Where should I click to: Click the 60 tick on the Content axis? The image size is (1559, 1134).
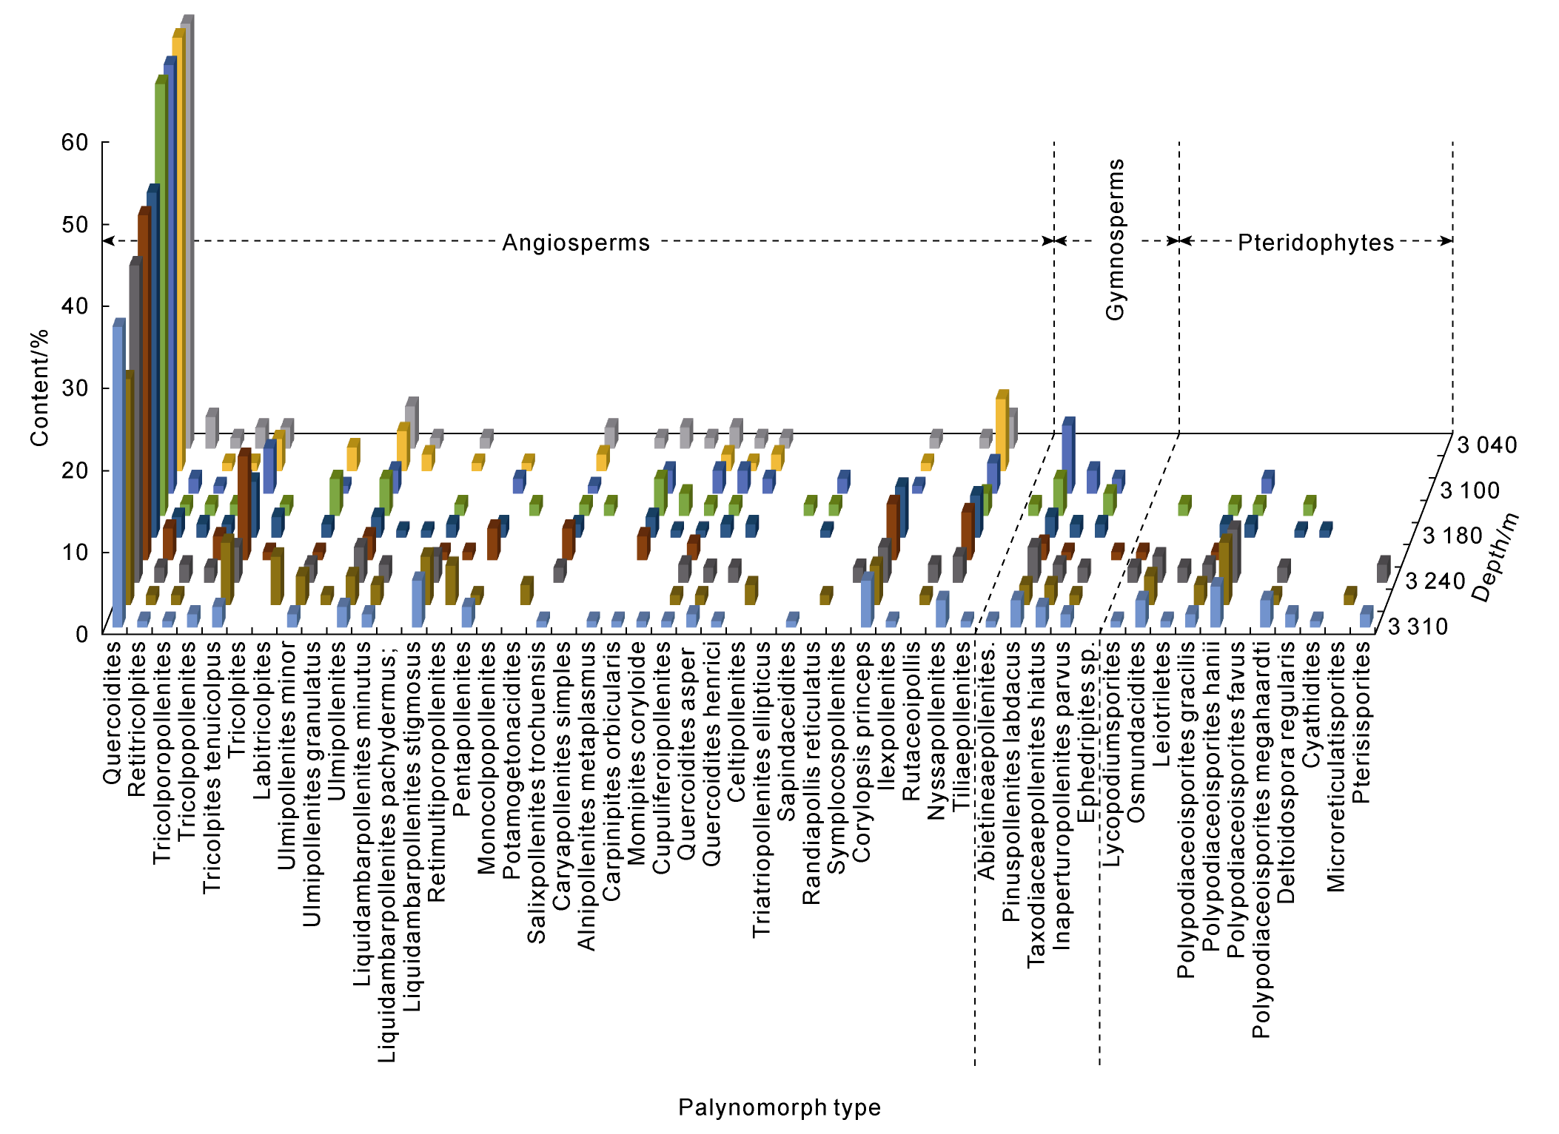[75, 142]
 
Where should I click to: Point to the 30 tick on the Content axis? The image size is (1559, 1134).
[75, 388]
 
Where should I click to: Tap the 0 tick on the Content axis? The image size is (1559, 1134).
[81, 634]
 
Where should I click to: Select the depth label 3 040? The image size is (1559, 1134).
[1486, 445]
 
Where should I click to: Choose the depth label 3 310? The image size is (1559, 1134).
[1417, 627]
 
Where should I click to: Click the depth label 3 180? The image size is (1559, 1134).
[1452, 536]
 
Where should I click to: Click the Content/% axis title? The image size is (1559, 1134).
[39, 388]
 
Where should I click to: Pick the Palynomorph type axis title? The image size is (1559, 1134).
[779, 1107]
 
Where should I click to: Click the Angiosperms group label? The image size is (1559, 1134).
[576, 243]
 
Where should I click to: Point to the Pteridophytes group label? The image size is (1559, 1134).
[1315, 243]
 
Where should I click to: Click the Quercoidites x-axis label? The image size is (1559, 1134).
[113, 712]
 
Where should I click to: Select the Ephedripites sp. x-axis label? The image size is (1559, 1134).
[1086, 732]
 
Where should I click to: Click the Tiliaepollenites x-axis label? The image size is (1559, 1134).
[961, 726]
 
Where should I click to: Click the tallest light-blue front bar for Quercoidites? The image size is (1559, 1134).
[118, 473]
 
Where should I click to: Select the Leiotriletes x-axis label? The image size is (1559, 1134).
[1161, 703]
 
